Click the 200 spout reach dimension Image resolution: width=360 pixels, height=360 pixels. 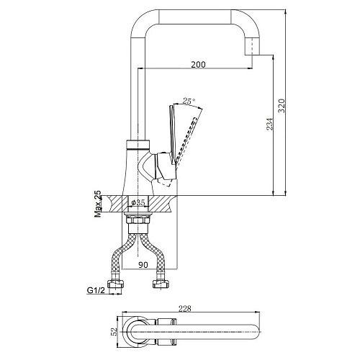coord(198,64)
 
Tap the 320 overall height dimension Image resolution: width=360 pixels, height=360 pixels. coord(282,106)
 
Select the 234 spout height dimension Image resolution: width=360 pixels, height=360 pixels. coord(270,124)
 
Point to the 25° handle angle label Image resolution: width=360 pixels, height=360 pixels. coord(189,101)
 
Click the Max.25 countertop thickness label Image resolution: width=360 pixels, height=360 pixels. coord(98,204)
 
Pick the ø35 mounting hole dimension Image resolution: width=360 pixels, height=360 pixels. coord(138,203)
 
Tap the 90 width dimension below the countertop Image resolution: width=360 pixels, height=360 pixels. coord(143,265)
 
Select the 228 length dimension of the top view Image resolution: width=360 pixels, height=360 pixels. coord(185,308)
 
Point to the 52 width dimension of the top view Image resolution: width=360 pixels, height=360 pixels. coord(114,332)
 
